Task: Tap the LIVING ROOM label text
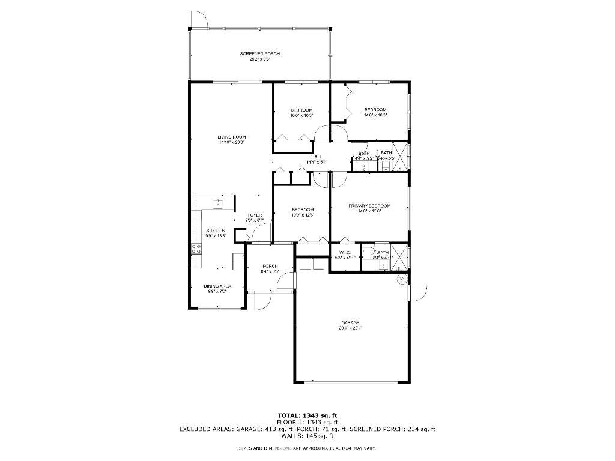(x=231, y=137)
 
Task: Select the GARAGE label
(x=351, y=322)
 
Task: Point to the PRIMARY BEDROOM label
(x=369, y=206)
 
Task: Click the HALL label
(x=316, y=157)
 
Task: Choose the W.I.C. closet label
(x=344, y=252)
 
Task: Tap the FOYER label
(x=255, y=215)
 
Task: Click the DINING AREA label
(x=219, y=286)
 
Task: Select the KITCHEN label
(x=216, y=230)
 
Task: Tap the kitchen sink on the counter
(x=217, y=202)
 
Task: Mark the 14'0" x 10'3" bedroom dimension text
(x=375, y=115)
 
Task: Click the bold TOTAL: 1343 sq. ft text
(x=307, y=415)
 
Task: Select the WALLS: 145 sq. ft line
(x=307, y=436)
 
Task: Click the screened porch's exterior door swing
(x=199, y=20)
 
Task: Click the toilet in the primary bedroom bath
(x=368, y=253)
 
